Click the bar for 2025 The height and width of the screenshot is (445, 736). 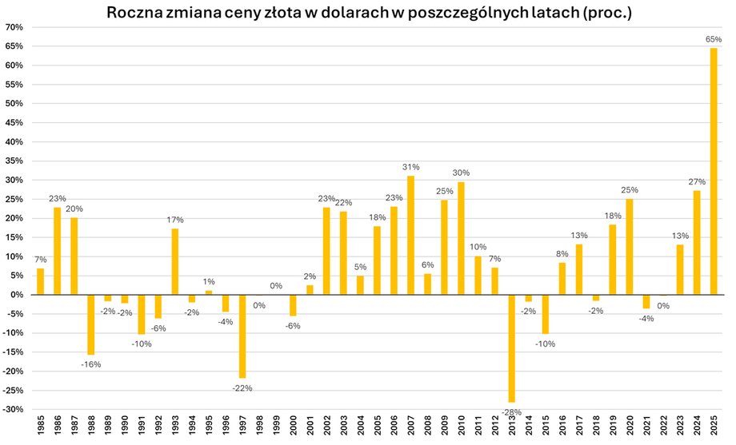(714, 171)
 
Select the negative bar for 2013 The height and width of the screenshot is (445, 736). (512, 348)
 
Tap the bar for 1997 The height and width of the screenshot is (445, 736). (242, 336)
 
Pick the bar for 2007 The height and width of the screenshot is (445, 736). (411, 235)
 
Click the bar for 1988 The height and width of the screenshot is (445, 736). (91, 324)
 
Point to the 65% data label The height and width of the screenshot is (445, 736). (714, 38)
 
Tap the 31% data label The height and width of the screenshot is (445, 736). (411, 167)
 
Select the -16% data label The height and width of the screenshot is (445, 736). (90, 364)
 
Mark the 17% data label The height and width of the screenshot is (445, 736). (175, 220)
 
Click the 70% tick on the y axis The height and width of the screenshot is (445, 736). (15, 27)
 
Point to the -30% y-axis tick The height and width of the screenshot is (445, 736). (14, 409)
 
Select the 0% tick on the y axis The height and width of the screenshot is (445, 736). (18, 295)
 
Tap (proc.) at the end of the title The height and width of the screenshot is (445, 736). (606, 13)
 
